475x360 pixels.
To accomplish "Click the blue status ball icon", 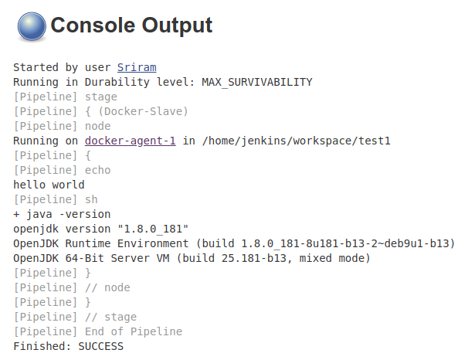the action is coord(32,26).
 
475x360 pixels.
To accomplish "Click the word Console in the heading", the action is coord(93,25).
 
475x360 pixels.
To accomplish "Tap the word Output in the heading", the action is coord(177,25).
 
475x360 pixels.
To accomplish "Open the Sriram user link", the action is coord(137,67).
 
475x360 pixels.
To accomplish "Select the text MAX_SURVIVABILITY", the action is coord(257,82).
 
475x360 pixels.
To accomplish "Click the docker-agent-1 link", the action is coord(131,141).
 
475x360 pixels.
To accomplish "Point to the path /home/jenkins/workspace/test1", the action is coord(297,141).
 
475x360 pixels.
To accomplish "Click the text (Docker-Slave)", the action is coord(144,111).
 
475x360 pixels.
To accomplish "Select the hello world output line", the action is coord(49,185).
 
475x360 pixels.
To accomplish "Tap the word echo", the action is coord(98,170).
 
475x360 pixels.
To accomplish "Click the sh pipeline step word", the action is coord(91,199).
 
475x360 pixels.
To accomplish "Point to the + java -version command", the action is coord(62,214).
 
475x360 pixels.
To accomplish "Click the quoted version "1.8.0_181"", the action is coord(153,229).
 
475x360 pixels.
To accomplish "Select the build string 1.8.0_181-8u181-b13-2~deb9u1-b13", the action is coord(345,243).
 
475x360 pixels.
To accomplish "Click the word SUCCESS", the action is coord(101,346).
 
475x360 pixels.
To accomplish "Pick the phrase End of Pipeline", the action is coord(134,331).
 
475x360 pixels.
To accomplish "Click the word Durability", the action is coord(117,82).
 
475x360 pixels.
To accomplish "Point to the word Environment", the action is coord(153,243).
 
